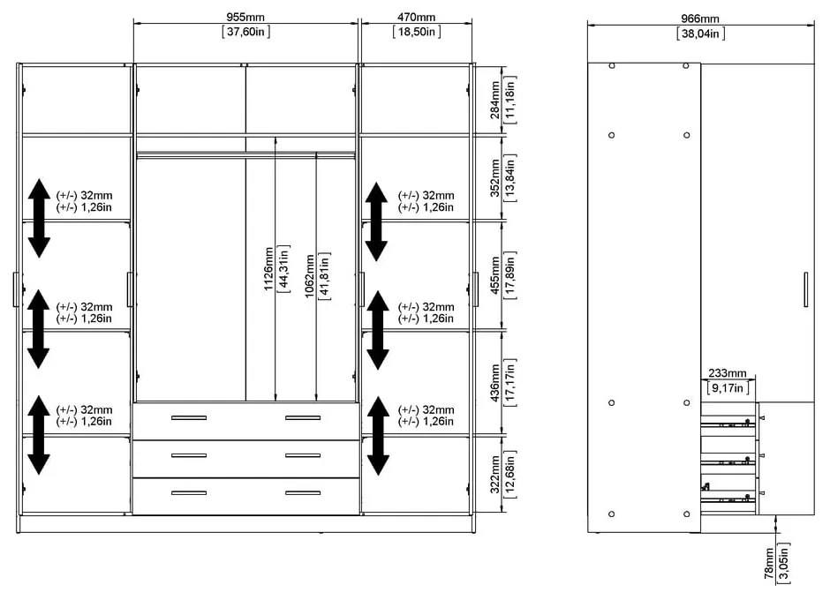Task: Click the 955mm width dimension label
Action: click(245, 18)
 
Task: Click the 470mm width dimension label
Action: click(416, 18)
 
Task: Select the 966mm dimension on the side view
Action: click(700, 19)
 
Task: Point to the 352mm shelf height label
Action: click(496, 177)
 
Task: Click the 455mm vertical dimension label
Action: click(496, 275)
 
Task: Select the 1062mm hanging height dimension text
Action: click(310, 276)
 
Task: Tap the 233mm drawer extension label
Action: click(727, 373)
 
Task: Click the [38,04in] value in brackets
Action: click(701, 34)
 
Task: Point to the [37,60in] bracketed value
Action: click(246, 33)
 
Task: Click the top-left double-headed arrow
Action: click(38, 218)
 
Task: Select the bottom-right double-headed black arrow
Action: click(377, 435)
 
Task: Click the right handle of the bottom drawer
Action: click(303, 492)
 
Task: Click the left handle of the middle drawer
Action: click(188, 455)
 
